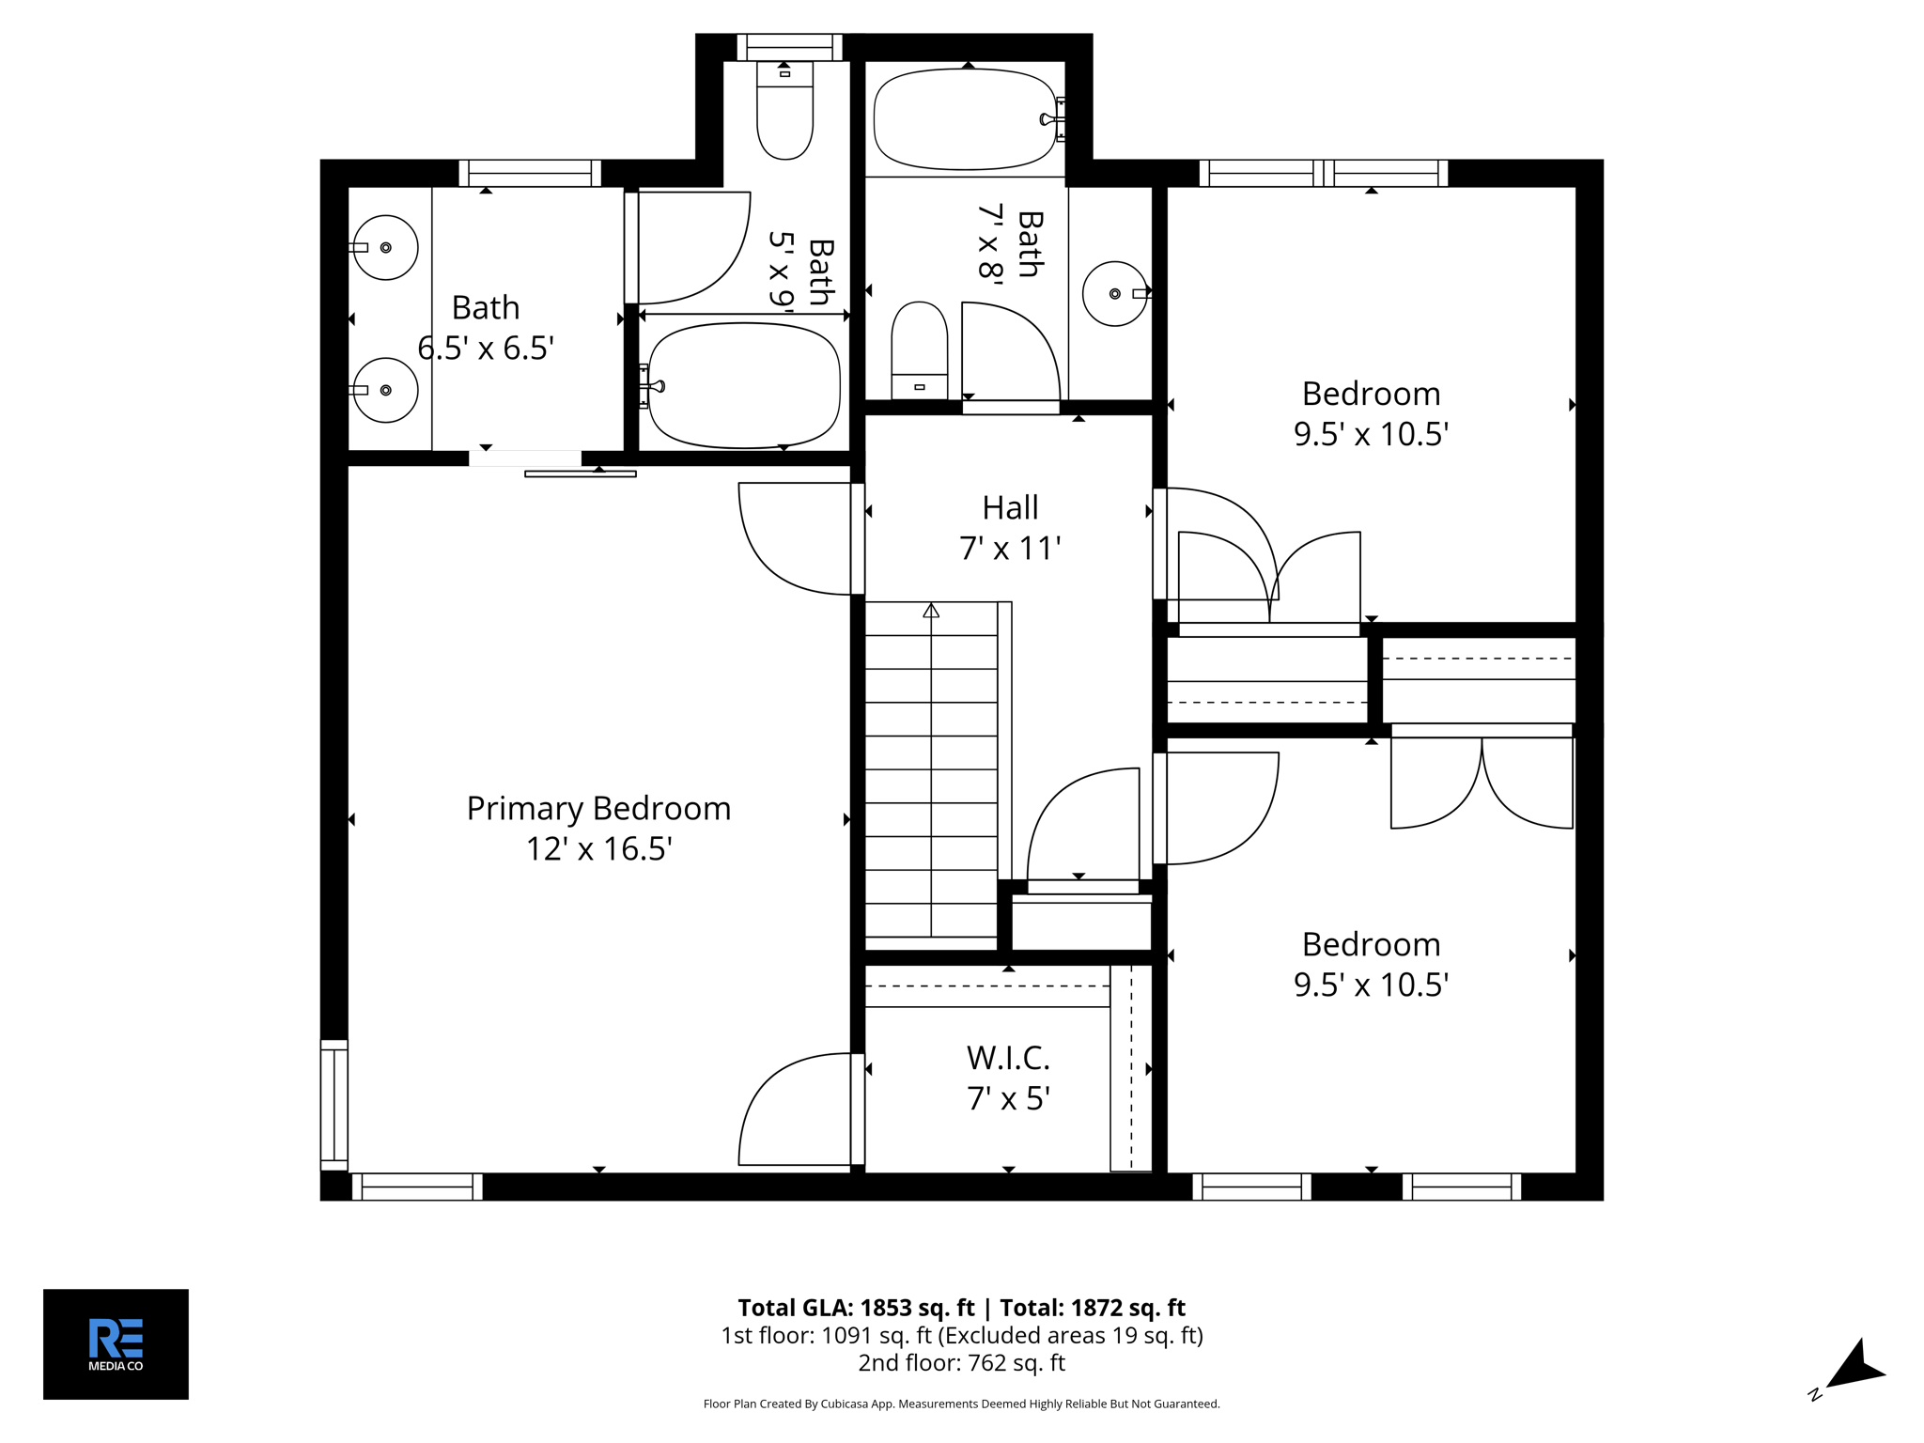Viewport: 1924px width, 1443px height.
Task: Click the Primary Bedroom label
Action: coord(598,808)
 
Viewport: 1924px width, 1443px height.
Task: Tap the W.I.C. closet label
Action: coord(1008,1058)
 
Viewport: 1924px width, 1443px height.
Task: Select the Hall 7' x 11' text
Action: coord(1010,528)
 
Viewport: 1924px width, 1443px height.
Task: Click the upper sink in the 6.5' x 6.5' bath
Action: coord(386,247)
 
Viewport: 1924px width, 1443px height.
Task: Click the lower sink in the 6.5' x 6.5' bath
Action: coord(386,390)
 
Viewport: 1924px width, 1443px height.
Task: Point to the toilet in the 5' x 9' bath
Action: coord(784,113)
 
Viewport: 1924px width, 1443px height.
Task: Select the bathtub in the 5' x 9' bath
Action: coord(745,385)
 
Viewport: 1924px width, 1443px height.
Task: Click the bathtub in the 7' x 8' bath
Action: coord(966,118)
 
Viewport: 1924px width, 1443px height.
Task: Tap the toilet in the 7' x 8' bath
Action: coord(919,349)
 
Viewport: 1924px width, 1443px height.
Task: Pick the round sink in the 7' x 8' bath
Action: coord(1114,294)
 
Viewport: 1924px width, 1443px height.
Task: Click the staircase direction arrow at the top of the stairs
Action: coord(931,612)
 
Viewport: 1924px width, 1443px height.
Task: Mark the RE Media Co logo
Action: coord(116,1343)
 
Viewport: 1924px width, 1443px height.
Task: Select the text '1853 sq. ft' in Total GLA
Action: coord(917,1308)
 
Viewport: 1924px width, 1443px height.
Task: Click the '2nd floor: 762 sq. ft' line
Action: coord(961,1362)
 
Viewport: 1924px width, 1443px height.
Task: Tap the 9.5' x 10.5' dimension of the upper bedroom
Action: coord(1371,434)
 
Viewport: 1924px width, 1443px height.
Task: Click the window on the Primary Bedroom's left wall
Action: coord(334,1105)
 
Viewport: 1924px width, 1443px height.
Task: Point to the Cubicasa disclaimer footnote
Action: coord(961,1404)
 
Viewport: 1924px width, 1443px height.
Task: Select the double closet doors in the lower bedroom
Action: coord(1482,780)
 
